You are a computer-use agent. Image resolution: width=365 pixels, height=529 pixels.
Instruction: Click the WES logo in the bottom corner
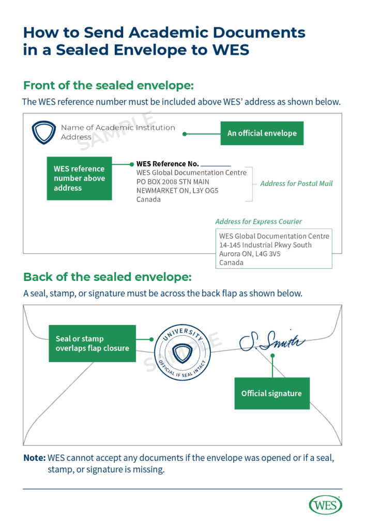[325, 505]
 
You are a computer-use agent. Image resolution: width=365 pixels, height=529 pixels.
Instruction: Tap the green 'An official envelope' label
[262, 133]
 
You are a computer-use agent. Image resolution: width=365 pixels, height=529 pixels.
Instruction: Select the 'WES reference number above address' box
[79, 178]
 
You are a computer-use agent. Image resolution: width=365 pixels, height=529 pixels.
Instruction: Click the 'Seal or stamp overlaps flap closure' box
[92, 344]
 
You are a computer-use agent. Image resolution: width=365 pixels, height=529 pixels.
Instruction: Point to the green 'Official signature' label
[271, 394]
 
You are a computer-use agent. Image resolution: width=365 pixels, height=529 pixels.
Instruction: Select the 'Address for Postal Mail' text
[296, 184]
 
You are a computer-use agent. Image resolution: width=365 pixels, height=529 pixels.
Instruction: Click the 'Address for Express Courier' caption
[258, 222]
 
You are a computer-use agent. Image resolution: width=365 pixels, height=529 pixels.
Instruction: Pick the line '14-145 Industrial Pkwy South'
[265, 245]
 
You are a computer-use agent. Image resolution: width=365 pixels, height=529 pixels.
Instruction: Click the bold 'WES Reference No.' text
[168, 164]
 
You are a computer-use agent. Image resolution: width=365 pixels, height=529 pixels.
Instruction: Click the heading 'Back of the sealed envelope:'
[107, 277]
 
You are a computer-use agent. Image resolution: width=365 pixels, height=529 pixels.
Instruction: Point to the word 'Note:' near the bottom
[34, 458]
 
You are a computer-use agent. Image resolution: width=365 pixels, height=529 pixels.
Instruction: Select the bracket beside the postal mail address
[250, 184]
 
